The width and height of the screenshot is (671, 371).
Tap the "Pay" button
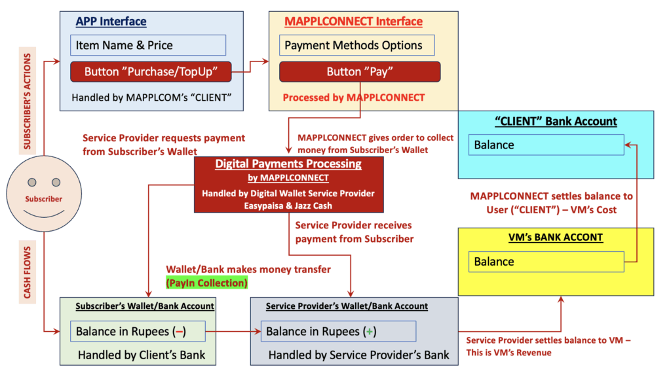[360, 71]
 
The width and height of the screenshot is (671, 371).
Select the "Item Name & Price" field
[148, 45]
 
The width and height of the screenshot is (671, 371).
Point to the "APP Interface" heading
[111, 22]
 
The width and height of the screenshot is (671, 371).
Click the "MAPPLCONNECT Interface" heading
[353, 22]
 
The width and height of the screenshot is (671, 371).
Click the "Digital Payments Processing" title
[288, 164]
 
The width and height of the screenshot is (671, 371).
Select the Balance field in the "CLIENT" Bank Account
[546, 145]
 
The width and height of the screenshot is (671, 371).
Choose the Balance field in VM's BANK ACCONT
[546, 262]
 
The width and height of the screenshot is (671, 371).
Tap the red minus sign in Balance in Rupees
[179, 332]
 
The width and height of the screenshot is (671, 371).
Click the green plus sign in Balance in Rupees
[370, 332]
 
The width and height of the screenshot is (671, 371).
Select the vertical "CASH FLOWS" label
[28, 272]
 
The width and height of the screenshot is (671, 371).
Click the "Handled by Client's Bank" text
[142, 355]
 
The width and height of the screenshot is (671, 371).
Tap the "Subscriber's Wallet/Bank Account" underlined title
[145, 306]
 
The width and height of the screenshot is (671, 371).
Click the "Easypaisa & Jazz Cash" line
[288, 205]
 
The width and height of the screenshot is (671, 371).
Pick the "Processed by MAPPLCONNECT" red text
[354, 97]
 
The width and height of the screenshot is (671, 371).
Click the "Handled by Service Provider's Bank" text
[359, 355]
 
